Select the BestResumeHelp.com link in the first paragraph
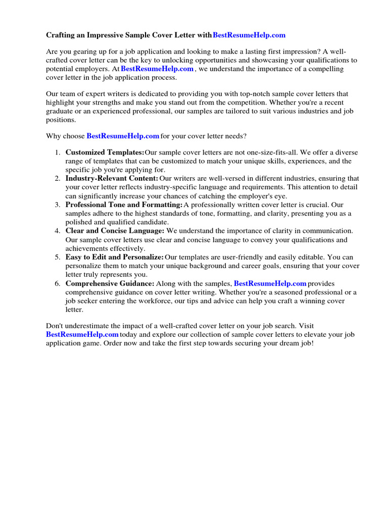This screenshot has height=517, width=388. pyautogui.click(x=157, y=69)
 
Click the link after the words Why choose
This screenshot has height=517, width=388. pyautogui.click(x=123, y=136)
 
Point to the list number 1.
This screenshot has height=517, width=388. pyautogui.click(x=58, y=152)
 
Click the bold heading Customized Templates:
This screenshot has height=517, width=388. pyautogui.click(x=105, y=152)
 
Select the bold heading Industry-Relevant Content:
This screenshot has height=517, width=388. pyautogui.click(x=112, y=179)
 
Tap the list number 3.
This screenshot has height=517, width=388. pyautogui.click(x=58, y=205)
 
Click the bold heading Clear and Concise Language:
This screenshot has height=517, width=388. pyautogui.click(x=115, y=231)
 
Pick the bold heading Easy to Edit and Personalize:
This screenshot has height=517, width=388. pyautogui.click(x=114, y=257)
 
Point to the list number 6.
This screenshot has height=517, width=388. pyautogui.click(x=58, y=284)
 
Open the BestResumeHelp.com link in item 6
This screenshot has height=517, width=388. pyautogui.click(x=270, y=284)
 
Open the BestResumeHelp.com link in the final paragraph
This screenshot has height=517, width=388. pyautogui.click(x=82, y=335)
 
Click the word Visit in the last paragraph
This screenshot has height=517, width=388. pyautogui.click(x=304, y=326)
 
